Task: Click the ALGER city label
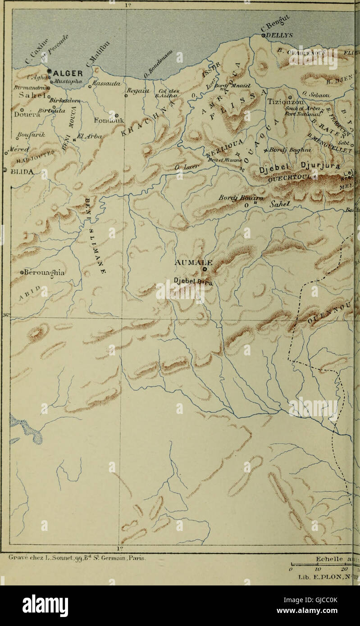[68, 74]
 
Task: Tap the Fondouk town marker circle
[116, 115]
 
